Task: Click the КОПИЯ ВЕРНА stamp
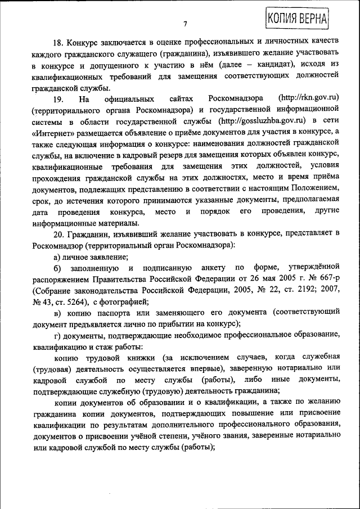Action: click(x=296, y=17)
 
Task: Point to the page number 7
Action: click(x=184, y=23)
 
